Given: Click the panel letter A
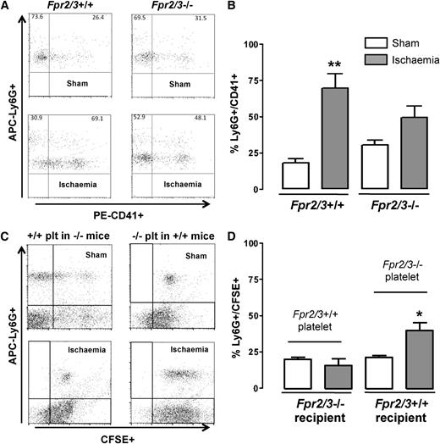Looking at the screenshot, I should pos(6,7).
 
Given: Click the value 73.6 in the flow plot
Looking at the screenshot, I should pos(36,16).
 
